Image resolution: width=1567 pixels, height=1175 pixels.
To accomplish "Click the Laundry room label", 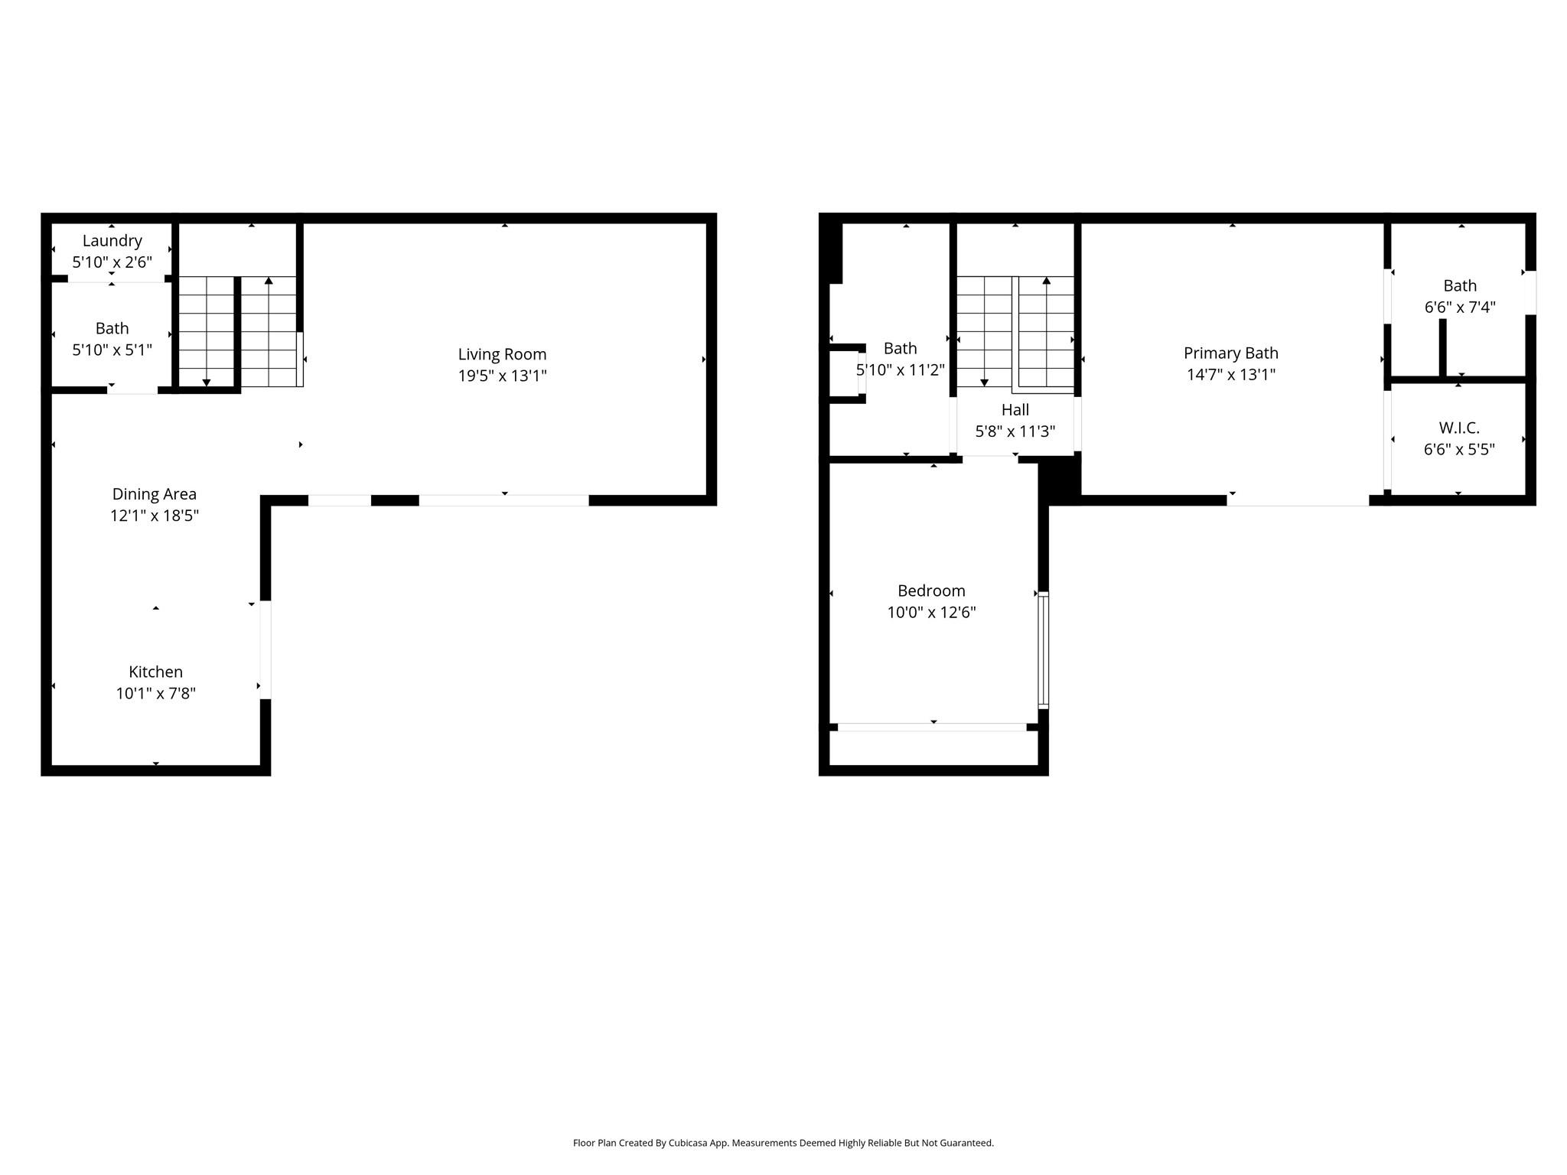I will coord(112,241).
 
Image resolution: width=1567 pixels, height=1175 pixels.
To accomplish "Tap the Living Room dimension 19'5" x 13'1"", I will coord(502,376).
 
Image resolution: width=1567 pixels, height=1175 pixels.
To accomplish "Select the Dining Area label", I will coord(154,494).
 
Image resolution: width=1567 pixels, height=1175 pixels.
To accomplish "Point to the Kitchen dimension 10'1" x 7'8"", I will coord(155,694).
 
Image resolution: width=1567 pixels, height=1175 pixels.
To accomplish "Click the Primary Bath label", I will coord(1230,353).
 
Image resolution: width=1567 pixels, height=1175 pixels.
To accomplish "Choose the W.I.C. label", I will coord(1458,428).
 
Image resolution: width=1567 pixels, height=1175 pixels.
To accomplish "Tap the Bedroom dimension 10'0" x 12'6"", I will coord(931,613).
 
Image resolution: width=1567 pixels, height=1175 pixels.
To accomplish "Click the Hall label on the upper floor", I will coord(1015,410).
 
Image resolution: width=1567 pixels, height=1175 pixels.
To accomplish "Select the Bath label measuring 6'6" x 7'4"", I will coord(1459,286).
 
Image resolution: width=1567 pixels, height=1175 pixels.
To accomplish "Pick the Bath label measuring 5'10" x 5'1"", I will coord(112,329).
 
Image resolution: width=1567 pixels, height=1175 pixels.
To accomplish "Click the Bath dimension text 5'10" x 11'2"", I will coord(900,370).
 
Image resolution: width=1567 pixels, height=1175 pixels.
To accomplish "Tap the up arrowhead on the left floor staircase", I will coord(269,281).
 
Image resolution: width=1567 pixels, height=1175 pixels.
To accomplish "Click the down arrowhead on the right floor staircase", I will coord(984,382).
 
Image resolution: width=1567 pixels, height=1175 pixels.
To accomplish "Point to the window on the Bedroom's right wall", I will coord(1043,649).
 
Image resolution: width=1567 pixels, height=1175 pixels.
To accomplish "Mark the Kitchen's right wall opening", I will coord(266,649).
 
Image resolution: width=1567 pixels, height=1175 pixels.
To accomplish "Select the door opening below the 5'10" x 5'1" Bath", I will coord(132,390).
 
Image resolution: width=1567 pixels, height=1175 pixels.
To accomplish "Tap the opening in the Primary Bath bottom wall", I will coord(1298,500).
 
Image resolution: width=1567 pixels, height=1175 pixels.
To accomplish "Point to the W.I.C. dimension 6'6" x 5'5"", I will coord(1458,450).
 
